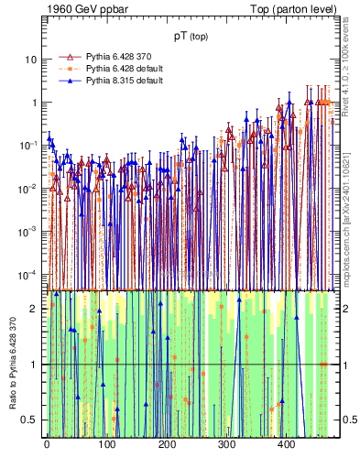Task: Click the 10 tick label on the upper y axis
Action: [31, 60]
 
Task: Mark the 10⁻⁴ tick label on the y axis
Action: [28, 275]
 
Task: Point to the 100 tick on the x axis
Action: [106, 443]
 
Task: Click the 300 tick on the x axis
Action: [226, 443]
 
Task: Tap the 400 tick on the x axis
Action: [286, 443]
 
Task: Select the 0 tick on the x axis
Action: [47, 443]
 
